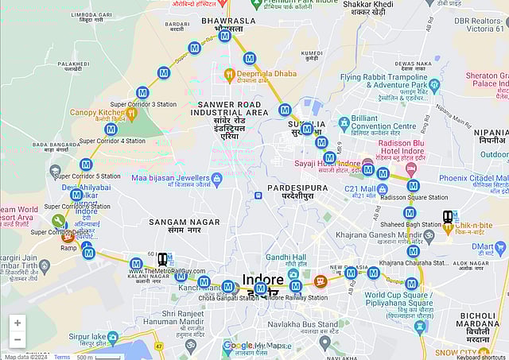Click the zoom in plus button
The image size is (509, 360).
(x=17, y=323)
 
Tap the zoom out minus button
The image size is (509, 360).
(x=17, y=340)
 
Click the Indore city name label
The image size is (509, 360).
(x=262, y=281)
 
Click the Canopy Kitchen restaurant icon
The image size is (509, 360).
(x=111, y=128)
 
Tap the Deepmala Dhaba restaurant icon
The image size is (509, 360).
(x=229, y=75)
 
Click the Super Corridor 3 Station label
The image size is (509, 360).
(x=143, y=104)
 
